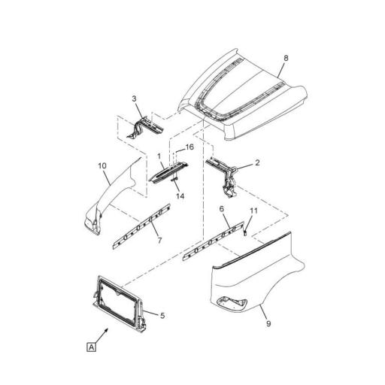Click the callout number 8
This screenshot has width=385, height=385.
[x=286, y=58]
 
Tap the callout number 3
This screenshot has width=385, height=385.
[x=135, y=99]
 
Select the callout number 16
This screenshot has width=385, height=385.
[x=189, y=147]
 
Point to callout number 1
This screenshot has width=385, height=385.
[x=159, y=156]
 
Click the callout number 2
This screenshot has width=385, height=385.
[x=257, y=162]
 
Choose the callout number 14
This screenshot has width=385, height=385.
[x=180, y=196]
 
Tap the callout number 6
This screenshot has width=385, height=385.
[x=222, y=209]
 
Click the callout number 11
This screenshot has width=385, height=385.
[x=253, y=211]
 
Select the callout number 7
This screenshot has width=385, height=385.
[x=159, y=241]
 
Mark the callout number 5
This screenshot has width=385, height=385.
[x=162, y=316]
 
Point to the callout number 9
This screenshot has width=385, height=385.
[x=268, y=323]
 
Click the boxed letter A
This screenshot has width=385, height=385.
[x=92, y=347]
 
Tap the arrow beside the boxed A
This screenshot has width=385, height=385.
[x=102, y=336]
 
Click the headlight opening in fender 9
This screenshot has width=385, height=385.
[x=232, y=302]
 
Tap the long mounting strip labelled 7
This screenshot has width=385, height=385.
[x=141, y=226]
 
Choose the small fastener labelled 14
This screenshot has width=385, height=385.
[x=174, y=178]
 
